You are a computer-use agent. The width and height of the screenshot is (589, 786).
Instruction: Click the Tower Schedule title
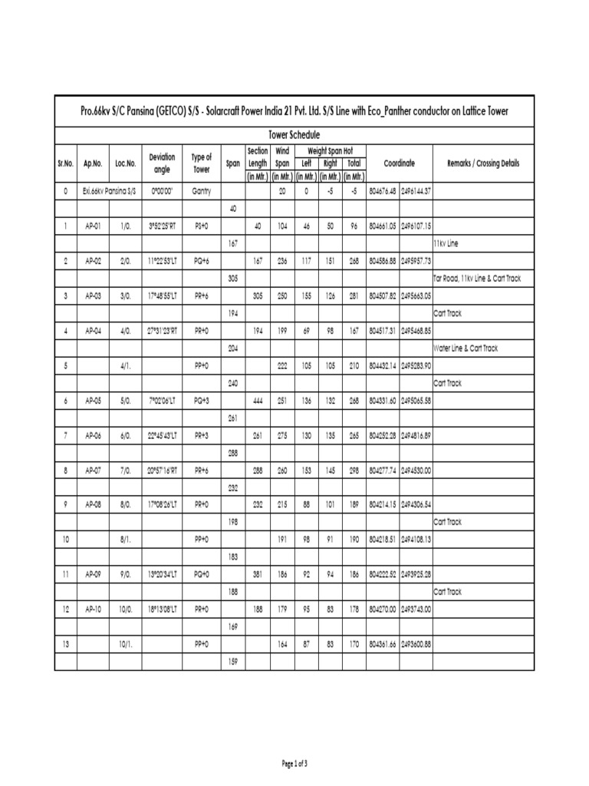coord(294,134)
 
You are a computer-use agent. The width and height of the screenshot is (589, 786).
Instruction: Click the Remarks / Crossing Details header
coord(482,163)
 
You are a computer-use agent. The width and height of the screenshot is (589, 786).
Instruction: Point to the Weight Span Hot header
coord(330,150)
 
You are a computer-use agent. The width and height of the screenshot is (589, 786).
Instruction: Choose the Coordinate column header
coord(400,163)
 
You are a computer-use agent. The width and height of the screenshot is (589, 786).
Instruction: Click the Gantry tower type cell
coord(202,190)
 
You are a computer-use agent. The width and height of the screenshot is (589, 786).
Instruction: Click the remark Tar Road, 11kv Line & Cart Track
coord(477,278)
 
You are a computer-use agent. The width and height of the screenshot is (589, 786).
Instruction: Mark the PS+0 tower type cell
coord(202,226)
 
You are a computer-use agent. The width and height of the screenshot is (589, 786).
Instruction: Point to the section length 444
coord(257,401)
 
